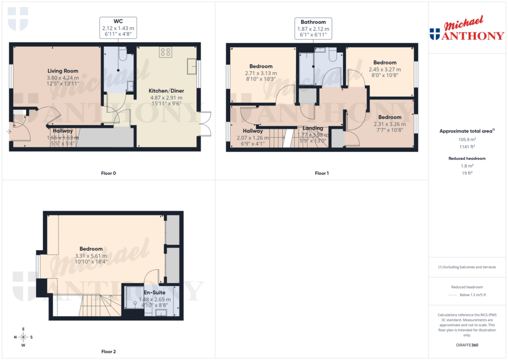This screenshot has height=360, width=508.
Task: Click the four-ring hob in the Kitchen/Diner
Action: tap(165, 52)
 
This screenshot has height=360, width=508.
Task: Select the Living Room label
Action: tap(63, 71)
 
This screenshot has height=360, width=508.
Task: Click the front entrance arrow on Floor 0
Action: tap(9, 132)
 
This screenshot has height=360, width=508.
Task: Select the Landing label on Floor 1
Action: tap(313, 128)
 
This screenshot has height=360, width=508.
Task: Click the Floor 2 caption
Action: tap(108, 352)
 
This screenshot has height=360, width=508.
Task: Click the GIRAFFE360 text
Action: tap(467, 345)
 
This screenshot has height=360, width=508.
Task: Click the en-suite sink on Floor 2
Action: tap(162, 313)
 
